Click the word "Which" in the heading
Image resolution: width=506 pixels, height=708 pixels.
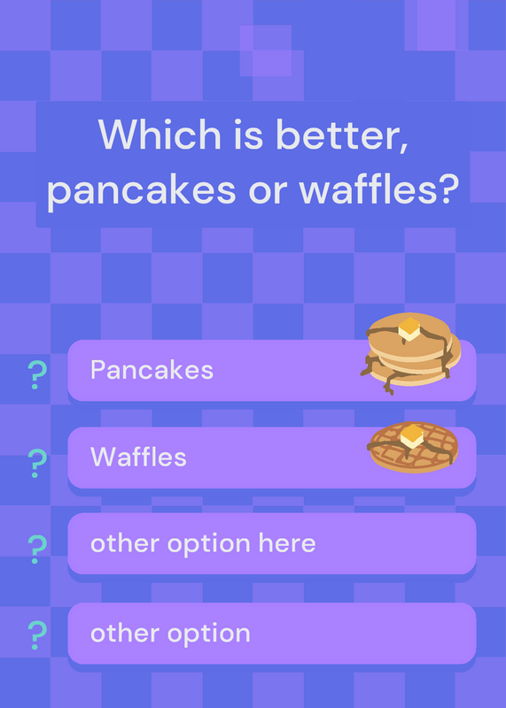[x=160, y=135]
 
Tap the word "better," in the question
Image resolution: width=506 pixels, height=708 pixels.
[x=342, y=135]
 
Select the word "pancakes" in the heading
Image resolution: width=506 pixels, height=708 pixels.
[x=142, y=190]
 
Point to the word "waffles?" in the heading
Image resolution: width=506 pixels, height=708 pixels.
[x=378, y=188]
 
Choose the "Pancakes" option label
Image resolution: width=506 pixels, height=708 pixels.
[x=152, y=370]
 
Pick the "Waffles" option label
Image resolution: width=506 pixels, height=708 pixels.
[x=138, y=457]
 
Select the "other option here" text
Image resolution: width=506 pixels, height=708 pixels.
[x=203, y=543]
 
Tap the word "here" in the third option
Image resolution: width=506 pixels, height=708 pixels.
[x=287, y=543]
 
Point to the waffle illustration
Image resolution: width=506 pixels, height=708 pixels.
[x=414, y=447]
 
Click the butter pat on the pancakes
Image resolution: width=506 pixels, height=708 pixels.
[x=409, y=328]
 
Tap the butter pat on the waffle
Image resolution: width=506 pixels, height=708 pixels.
[x=412, y=436]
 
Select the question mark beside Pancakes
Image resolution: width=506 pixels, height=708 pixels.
[x=37, y=374]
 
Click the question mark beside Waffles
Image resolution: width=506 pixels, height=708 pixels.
[x=37, y=464]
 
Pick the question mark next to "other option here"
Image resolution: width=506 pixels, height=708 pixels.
[x=37, y=549]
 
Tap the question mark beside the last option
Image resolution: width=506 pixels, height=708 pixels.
[x=37, y=635]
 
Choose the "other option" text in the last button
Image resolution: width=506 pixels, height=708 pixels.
[x=170, y=633]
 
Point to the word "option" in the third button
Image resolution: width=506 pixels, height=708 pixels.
[x=208, y=544]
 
